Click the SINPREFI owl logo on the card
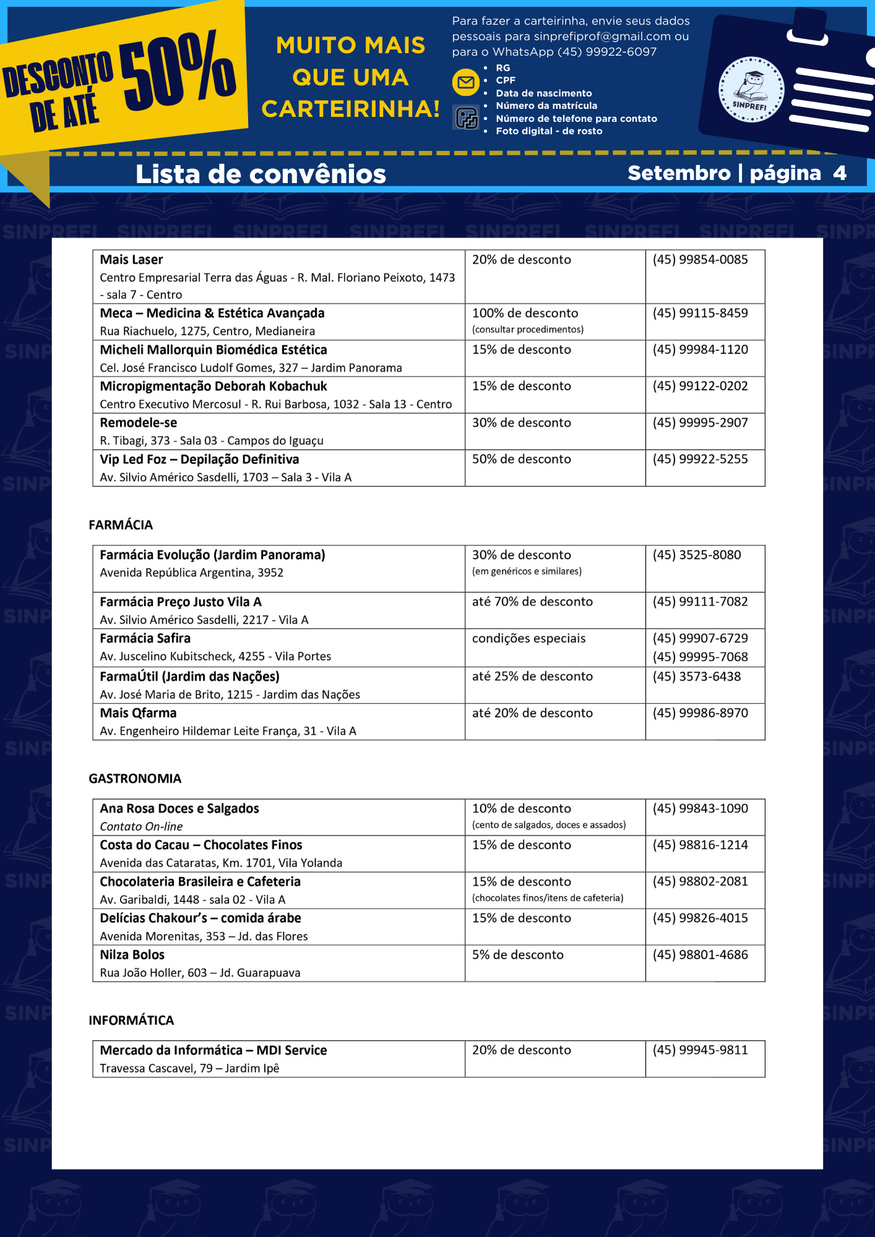(x=751, y=90)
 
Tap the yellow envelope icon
(x=466, y=82)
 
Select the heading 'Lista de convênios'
(x=261, y=174)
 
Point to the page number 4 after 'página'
(x=839, y=173)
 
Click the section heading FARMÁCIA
(x=121, y=525)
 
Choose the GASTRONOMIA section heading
(x=135, y=779)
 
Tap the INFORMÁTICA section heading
(x=131, y=1021)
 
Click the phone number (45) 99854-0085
(x=700, y=260)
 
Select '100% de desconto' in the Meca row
(x=525, y=314)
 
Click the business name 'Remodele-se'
(x=139, y=423)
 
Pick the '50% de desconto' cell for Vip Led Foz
(x=521, y=460)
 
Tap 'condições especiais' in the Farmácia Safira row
(x=528, y=638)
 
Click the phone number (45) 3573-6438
(x=696, y=677)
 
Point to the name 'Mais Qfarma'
(x=138, y=713)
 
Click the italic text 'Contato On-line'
(x=141, y=827)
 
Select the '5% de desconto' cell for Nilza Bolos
(x=517, y=955)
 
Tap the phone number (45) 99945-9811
(x=700, y=1050)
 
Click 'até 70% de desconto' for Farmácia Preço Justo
(x=532, y=602)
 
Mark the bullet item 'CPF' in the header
(x=506, y=80)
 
